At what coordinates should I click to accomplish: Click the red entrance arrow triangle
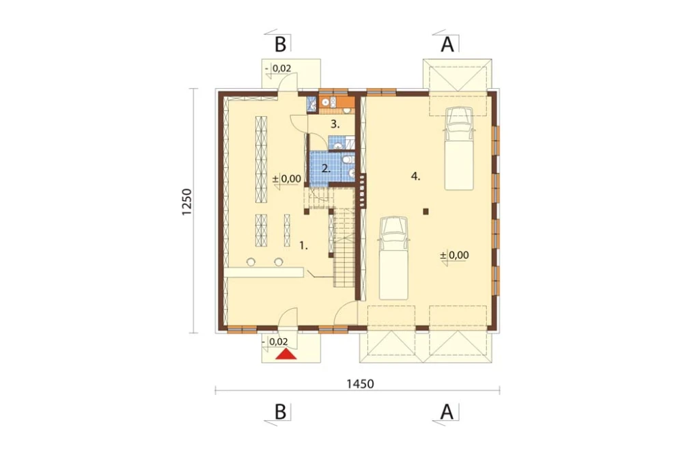(285, 354)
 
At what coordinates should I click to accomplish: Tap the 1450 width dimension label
(360, 384)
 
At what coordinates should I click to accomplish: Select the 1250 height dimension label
(187, 202)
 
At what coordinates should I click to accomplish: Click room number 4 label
(415, 176)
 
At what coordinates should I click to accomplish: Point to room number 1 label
(304, 246)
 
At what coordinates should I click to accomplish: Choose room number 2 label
(326, 168)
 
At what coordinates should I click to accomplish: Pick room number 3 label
(335, 124)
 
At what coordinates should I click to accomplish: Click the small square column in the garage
(426, 212)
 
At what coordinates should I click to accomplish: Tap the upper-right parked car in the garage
(459, 149)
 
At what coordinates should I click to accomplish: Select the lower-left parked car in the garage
(394, 258)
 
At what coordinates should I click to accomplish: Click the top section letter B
(281, 44)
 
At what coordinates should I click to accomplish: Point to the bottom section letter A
(447, 411)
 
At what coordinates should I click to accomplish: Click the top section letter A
(447, 44)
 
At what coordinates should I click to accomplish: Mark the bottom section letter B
(281, 411)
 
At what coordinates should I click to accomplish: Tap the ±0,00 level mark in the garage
(454, 255)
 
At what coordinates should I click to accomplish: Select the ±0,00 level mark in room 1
(287, 178)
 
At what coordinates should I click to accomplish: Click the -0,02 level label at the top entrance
(278, 68)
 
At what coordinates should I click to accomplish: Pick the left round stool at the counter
(251, 262)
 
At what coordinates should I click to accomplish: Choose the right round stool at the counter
(279, 262)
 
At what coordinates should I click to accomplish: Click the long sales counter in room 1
(264, 273)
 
